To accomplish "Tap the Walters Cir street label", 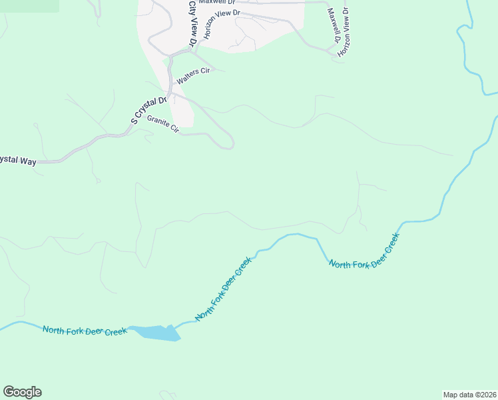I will [192, 75].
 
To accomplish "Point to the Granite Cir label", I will [163, 123].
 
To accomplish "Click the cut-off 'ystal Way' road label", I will [18, 160].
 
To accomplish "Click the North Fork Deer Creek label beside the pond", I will [85, 330].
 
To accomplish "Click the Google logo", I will [22, 392].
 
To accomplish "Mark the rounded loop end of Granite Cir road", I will [230, 143].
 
